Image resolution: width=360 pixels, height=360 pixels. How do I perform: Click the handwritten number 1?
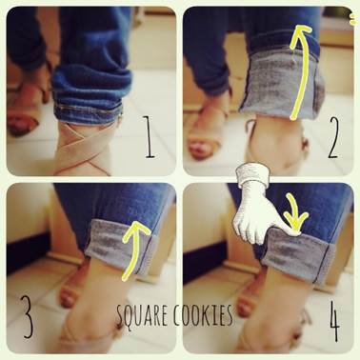coord(150,136)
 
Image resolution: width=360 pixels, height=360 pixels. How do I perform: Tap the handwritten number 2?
coord(333,137)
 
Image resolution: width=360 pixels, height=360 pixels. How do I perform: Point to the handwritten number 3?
coord(28,316)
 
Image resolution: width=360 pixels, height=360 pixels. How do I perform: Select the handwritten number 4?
coord(334,321)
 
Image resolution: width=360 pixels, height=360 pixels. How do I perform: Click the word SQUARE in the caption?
coord(141,315)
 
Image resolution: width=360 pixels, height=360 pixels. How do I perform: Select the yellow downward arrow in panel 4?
coord(295,211)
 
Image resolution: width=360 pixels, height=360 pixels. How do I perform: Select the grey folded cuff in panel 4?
coord(297,254)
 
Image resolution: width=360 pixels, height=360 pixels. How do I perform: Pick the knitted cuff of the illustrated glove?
coord(253,174)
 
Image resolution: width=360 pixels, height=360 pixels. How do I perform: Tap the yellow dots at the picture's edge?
coord(351,18)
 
